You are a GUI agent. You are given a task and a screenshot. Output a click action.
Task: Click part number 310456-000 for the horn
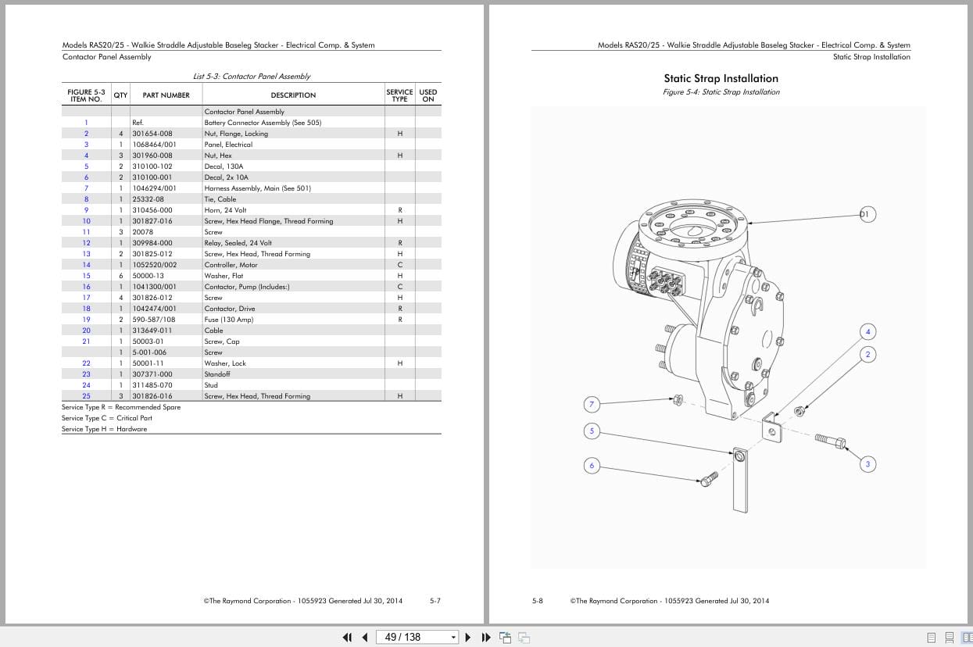tap(152, 210)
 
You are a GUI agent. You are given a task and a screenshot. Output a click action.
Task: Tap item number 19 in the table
tap(86, 320)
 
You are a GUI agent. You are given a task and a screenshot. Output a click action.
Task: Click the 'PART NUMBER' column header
tap(166, 95)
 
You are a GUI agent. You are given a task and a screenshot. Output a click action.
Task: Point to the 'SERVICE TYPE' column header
tap(399, 95)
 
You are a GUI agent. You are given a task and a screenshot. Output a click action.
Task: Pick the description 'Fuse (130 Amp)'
tap(229, 320)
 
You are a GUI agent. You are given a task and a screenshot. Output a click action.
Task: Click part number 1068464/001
tap(154, 145)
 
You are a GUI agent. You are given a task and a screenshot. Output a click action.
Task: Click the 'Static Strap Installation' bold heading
tap(721, 78)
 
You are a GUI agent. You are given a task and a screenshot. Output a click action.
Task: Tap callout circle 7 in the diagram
tap(592, 404)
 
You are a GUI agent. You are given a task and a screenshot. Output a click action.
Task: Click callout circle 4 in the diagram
tap(867, 331)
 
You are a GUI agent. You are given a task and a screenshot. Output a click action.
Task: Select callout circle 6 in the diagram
tap(592, 466)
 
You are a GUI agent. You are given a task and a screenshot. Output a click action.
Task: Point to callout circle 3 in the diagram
tap(867, 464)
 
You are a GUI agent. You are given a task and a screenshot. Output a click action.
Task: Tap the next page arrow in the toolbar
tap(468, 637)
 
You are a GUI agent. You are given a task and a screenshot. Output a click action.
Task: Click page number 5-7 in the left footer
tap(435, 601)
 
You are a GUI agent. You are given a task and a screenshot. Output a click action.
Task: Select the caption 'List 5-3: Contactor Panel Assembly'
tap(252, 77)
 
